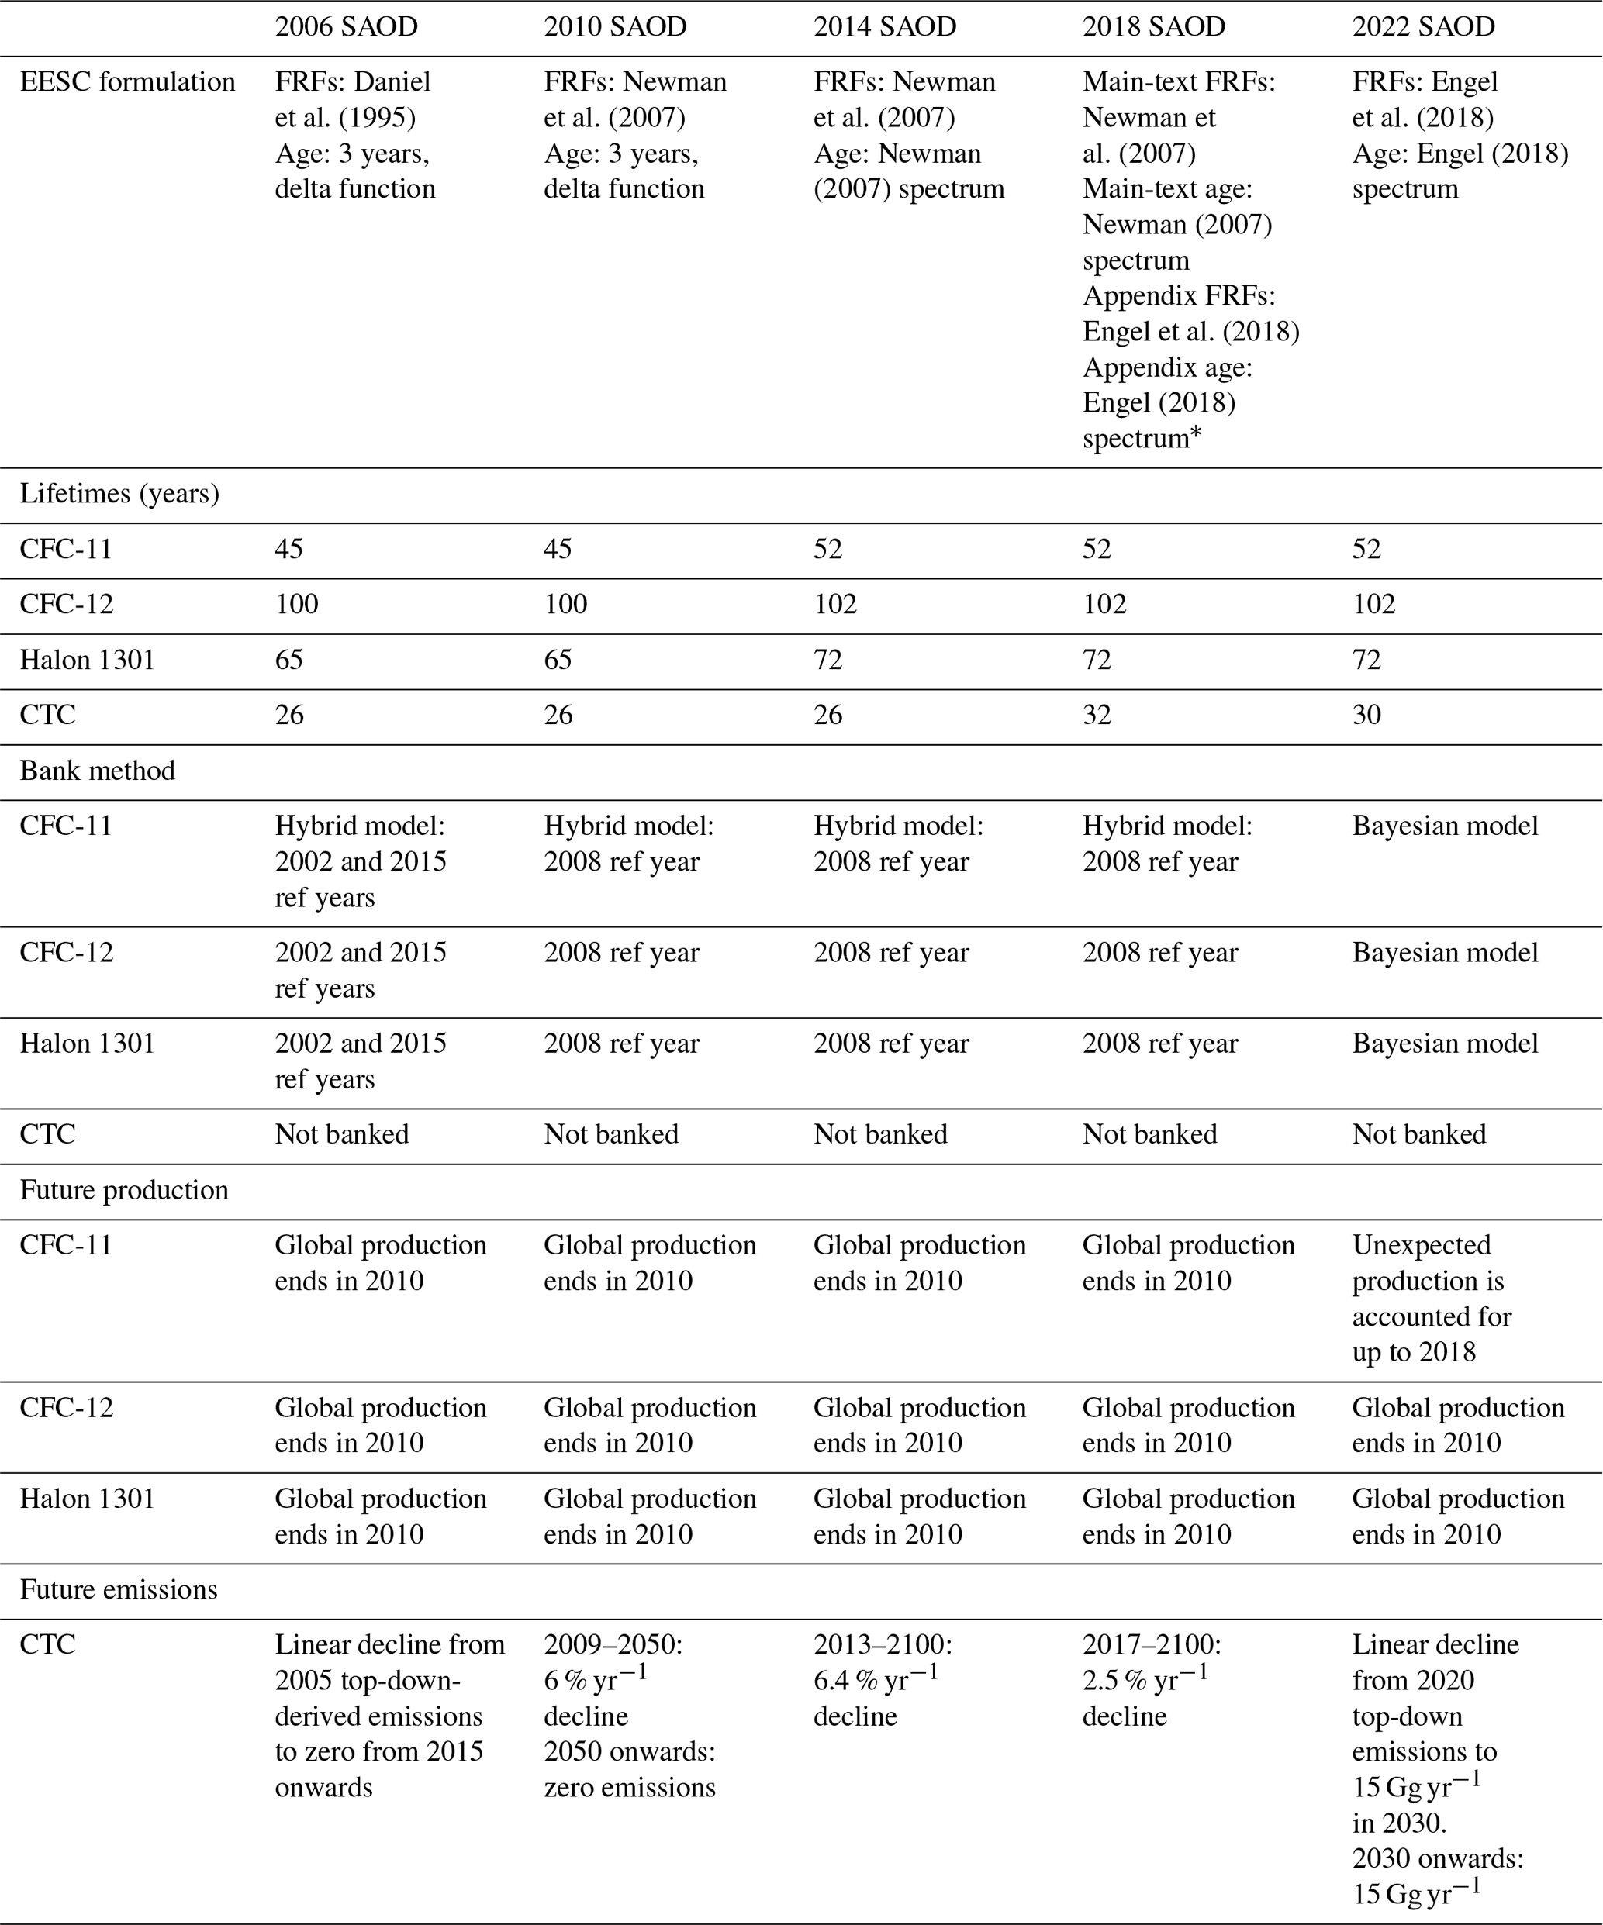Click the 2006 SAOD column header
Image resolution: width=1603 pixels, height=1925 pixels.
346,26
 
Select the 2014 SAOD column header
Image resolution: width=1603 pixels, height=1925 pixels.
884,26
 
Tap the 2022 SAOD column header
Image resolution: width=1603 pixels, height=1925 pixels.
1422,26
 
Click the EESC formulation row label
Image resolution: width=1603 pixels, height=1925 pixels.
127,81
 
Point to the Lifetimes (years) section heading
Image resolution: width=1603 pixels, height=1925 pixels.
119,494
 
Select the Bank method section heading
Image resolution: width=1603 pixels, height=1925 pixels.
97,771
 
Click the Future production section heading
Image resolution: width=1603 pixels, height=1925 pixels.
124,1190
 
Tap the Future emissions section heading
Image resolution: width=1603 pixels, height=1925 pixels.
119,1589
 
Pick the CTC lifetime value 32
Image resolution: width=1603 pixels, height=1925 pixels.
1097,715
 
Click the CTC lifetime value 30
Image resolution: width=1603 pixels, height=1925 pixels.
1366,715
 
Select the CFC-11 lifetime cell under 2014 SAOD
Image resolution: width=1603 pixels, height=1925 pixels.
828,549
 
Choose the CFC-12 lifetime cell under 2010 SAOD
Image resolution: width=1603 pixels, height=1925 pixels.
566,604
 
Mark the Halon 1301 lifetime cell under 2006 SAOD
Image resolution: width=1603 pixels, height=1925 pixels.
288,660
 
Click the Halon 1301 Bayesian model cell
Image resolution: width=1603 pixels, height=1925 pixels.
1444,1044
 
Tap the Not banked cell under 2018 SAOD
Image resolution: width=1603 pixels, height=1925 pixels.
1149,1134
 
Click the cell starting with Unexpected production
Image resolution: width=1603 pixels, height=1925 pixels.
1431,1298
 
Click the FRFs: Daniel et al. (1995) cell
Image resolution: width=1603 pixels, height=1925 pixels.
354,135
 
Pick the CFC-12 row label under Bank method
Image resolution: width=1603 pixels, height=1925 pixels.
67,952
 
